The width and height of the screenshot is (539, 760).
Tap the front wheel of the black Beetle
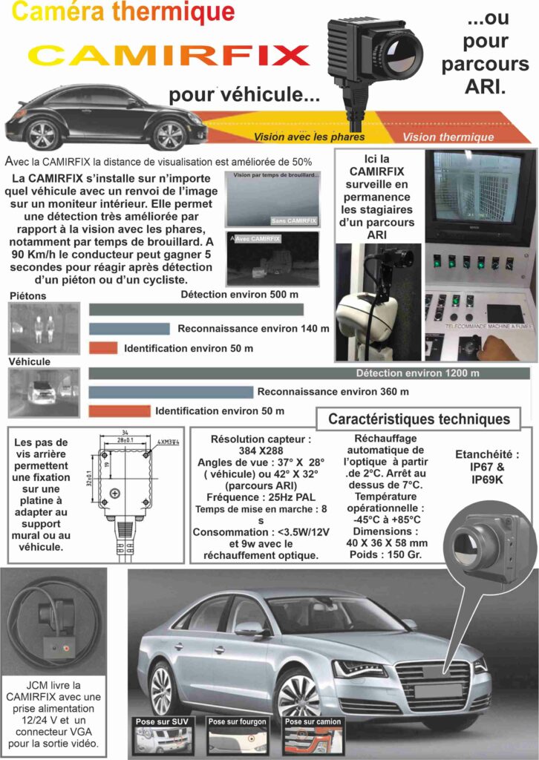(169, 134)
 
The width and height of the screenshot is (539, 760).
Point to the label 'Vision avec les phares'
(309, 137)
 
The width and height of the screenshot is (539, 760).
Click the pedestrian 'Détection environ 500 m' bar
(196, 309)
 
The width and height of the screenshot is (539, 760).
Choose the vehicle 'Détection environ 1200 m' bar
(309, 373)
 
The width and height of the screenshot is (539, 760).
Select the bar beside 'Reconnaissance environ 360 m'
(171, 392)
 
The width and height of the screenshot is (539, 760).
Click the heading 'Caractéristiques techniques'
(419, 419)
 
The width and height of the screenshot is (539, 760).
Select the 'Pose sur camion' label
(313, 721)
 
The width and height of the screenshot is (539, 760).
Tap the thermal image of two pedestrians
(44, 327)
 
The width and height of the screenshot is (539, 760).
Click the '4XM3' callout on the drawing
(168, 444)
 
